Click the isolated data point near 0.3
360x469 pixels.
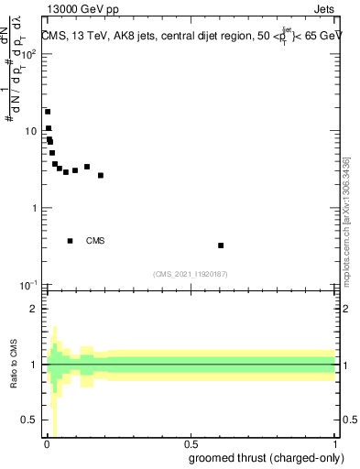coord(221,245)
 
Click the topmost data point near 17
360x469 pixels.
coord(48,112)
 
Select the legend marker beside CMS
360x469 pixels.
coord(71,241)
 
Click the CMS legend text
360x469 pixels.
coord(95,241)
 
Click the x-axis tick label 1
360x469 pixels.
coord(334,445)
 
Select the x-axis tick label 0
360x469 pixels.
coord(47,445)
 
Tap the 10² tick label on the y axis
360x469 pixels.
coord(28,53)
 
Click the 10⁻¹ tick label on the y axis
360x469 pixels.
coord(28,285)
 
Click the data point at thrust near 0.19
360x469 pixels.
coord(101,175)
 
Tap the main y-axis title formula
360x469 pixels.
coord(15,64)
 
